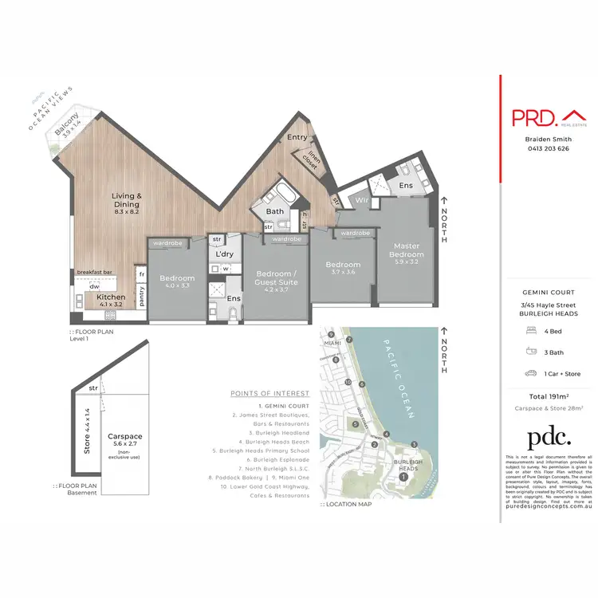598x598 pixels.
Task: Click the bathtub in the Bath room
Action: tap(285, 193)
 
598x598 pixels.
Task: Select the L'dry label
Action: tap(223, 254)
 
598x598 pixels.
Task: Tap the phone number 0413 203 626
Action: tap(546, 148)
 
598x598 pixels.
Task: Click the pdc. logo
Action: tap(549, 437)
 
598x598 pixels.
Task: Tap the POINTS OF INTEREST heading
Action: tap(269, 393)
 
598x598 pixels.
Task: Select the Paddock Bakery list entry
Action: tap(250, 477)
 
